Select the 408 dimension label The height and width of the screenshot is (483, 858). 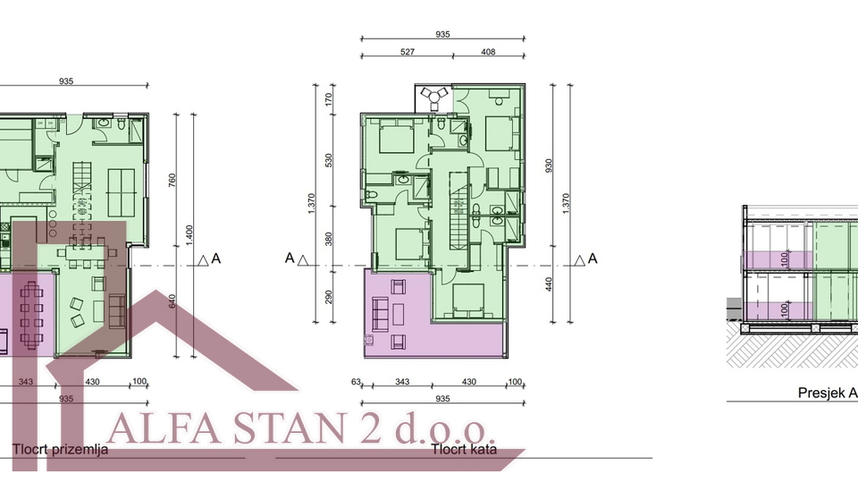pyautogui.click(x=488, y=52)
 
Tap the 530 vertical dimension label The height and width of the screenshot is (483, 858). pyautogui.click(x=329, y=160)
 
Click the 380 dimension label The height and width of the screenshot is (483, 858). pyautogui.click(x=329, y=239)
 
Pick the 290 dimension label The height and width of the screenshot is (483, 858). pyautogui.click(x=329, y=295)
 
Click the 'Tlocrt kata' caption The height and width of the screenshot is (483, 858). pyautogui.click(x=463, y=449)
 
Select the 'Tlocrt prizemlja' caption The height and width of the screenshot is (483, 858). pyautogui.click(x=61, y=449)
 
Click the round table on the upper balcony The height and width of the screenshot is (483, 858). pyautogui.click(x=434, y=95)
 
